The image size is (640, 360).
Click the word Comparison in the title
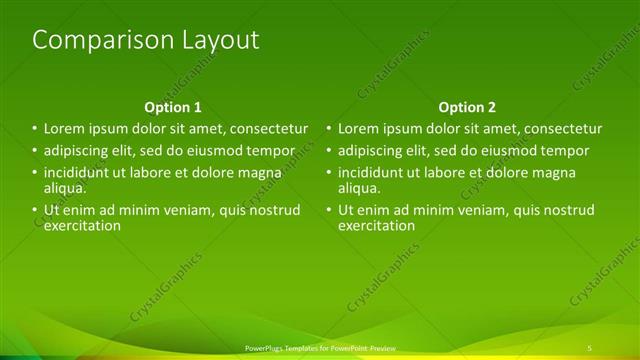pos(88,41)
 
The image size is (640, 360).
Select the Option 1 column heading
pos(173,107)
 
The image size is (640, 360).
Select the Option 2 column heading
pos(467,107)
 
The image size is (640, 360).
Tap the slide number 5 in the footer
pos(590,347)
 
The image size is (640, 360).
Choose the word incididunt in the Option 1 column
pos(80,173)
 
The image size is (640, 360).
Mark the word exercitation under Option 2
pos(377,225)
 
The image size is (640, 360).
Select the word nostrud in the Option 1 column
pos(274,210)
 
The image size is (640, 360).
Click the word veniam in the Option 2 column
pos(484,210)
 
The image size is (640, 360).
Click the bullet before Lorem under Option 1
pos(34,129)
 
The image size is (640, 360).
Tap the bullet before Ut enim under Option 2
pos(328,210)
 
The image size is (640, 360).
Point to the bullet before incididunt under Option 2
pos(328,173)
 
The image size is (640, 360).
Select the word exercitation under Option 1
pos(83,225)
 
